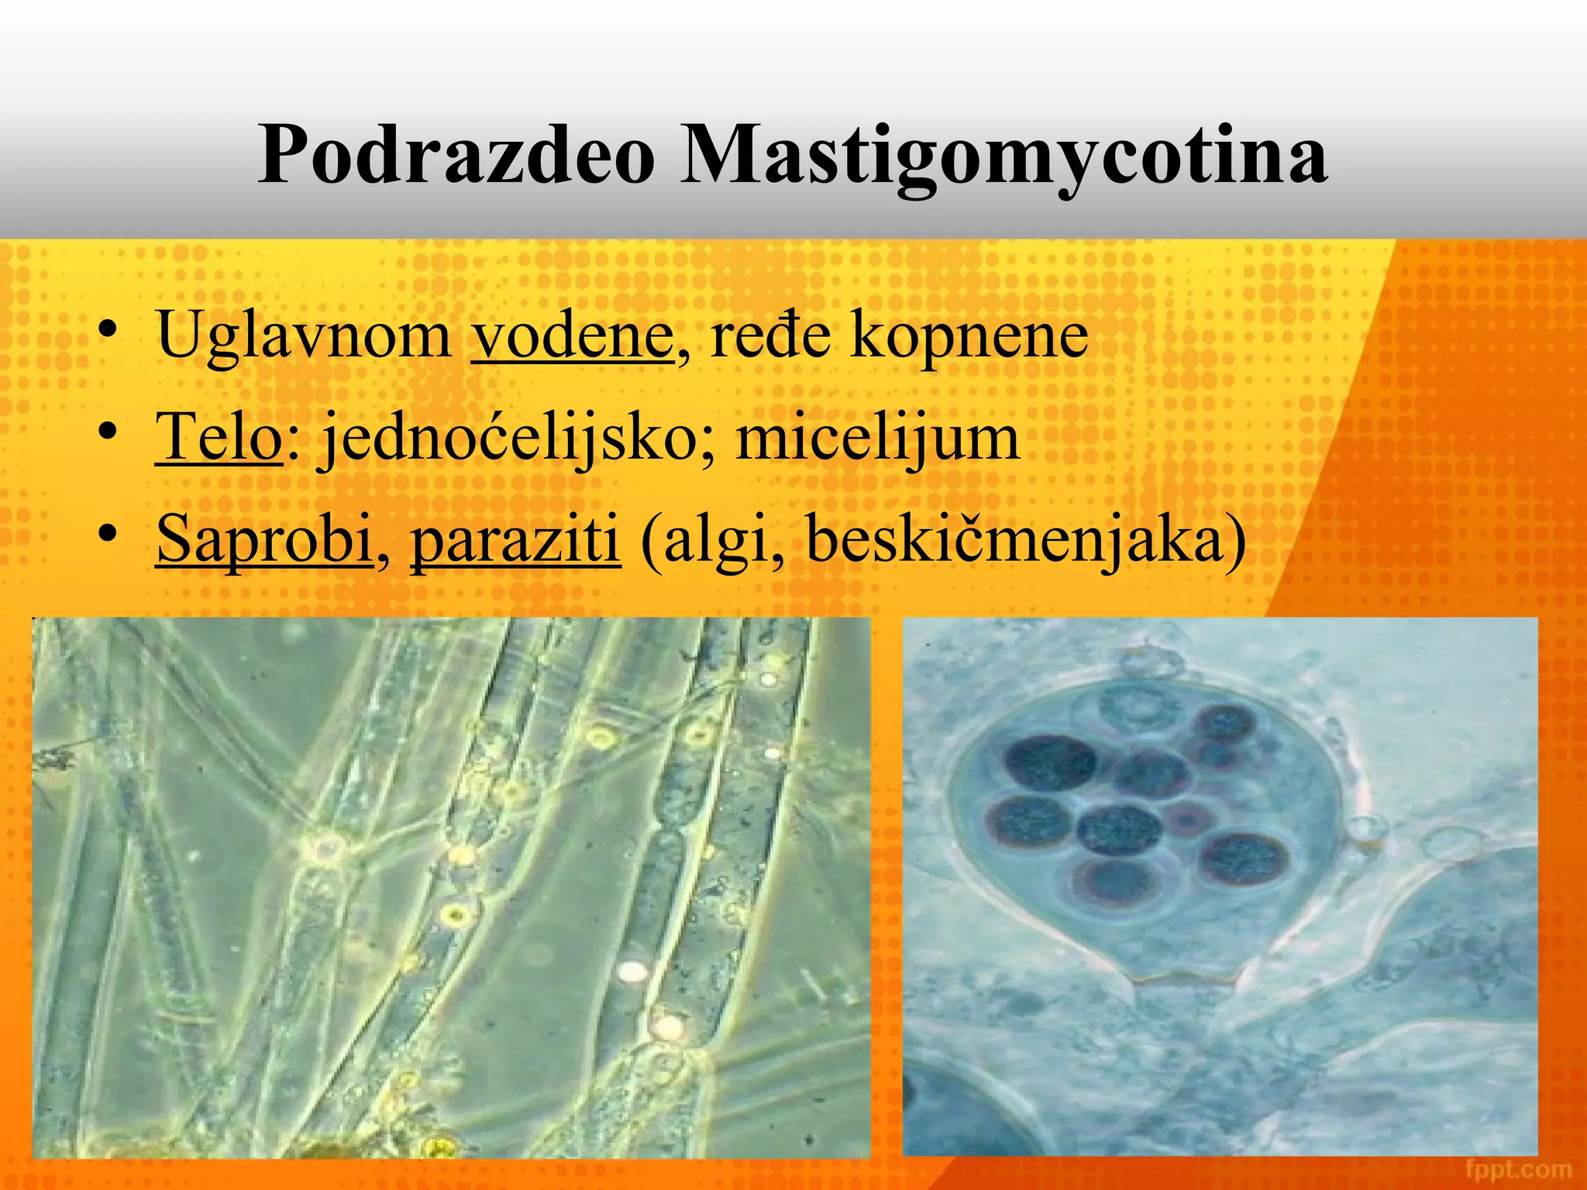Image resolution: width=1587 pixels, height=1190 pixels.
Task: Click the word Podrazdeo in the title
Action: pyautogui.click(x=456, y=155)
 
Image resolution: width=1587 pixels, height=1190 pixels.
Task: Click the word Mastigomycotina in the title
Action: pyautogui.click(x=1003, y=155)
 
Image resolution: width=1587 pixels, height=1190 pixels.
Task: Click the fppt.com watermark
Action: pyautogui.click(x=1518, y=1168)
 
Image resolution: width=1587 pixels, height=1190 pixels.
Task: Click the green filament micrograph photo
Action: pyautogui.click(x=451, y=887)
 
